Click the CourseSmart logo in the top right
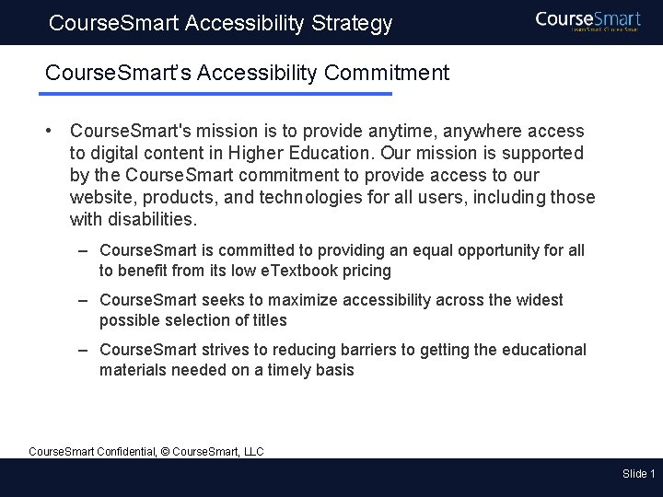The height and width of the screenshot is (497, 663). pos(588,20)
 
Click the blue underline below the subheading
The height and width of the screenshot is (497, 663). pos(216,94)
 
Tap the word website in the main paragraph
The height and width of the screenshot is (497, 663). pos(99,197)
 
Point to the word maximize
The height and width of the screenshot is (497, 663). pos(303,300)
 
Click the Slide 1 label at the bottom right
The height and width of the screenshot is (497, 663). pos(638,474)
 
